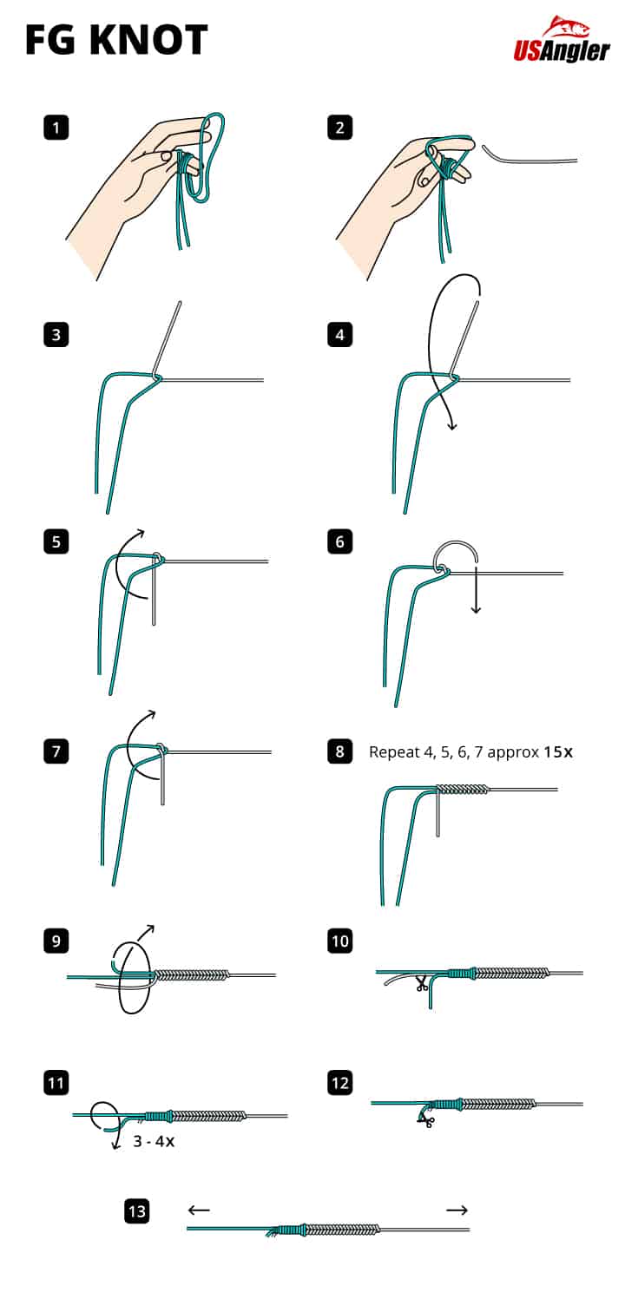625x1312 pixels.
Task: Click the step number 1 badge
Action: click(56, 128)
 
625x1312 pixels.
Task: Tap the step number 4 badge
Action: click(340, 335)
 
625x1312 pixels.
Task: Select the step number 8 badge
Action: click(340, 751)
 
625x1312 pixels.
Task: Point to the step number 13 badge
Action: click(137, 1210)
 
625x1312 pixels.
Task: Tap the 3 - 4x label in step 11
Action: click(154, 1142)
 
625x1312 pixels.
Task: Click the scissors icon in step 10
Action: click(422, 984)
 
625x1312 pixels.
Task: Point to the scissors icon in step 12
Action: click(425, 1121)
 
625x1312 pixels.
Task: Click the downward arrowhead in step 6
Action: click(476, 609)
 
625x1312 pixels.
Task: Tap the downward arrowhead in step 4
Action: click(452, 425)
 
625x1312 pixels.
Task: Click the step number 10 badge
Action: click(340, 941)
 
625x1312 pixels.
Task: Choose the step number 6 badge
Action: click(340, 542)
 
